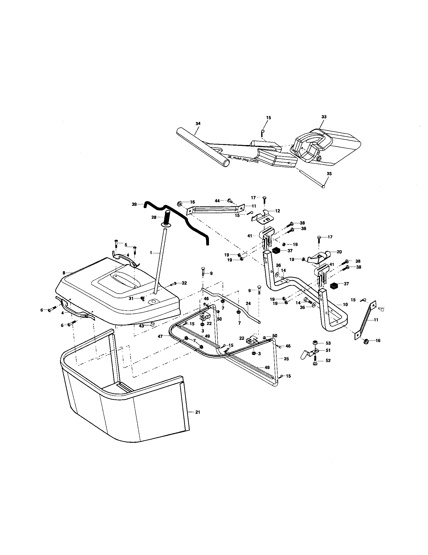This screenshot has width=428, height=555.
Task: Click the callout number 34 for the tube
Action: (198, 124)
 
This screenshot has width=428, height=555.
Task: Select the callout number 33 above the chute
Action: (324, 117)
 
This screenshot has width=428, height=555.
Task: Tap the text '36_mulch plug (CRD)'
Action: (243, 160)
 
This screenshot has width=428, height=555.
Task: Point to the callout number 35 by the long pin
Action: (329, 174)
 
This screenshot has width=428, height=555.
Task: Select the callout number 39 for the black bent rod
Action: (135, 204)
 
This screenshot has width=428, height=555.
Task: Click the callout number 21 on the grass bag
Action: (198, 412)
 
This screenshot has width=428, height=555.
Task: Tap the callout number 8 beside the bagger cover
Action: (64, 273)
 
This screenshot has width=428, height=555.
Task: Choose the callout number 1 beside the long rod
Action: (151, 253)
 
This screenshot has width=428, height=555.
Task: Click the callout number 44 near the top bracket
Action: (217, 201)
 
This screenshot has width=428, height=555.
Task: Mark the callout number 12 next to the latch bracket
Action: (277, 211)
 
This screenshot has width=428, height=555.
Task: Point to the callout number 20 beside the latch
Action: (339, 252)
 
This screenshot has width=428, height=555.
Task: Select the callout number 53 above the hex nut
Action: (328, 343)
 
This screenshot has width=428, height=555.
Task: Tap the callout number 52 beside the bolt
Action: (328, 360)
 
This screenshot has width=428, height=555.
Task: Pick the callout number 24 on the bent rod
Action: (248, 303)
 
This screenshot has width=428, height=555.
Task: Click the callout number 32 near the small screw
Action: (184, 283)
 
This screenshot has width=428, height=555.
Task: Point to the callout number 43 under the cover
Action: (141, 326)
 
